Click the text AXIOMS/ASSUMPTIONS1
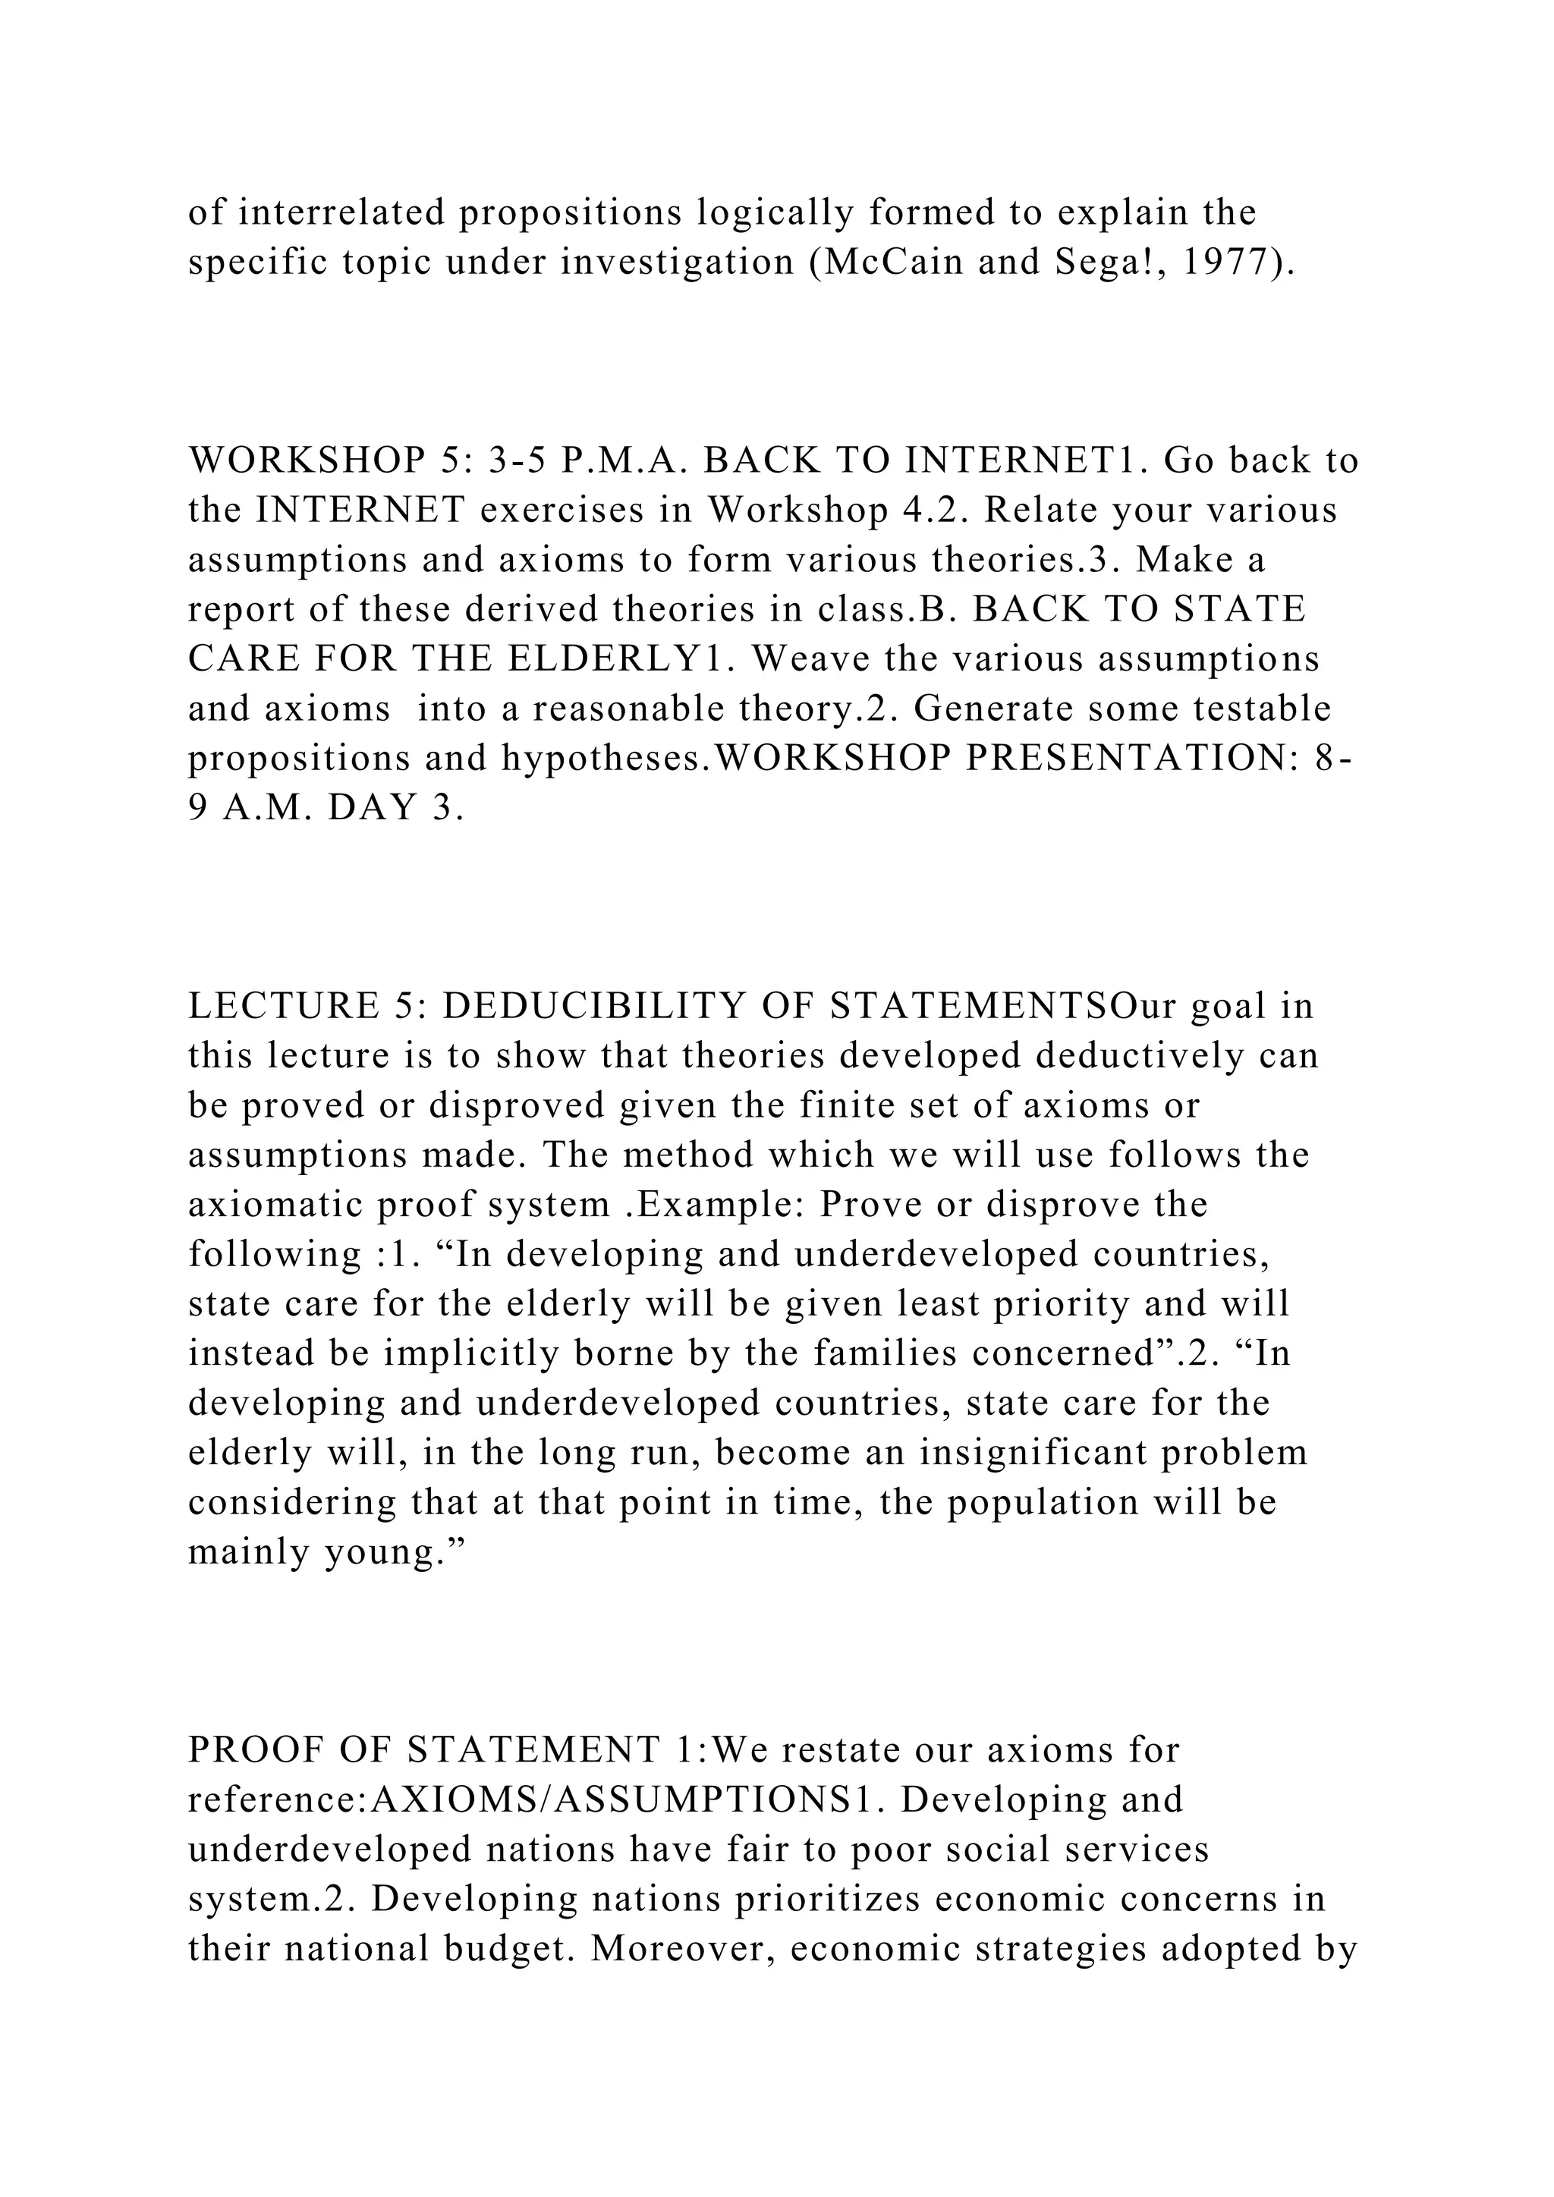click(x=624, y=1800)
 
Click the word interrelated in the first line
click(x=341, y=212)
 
